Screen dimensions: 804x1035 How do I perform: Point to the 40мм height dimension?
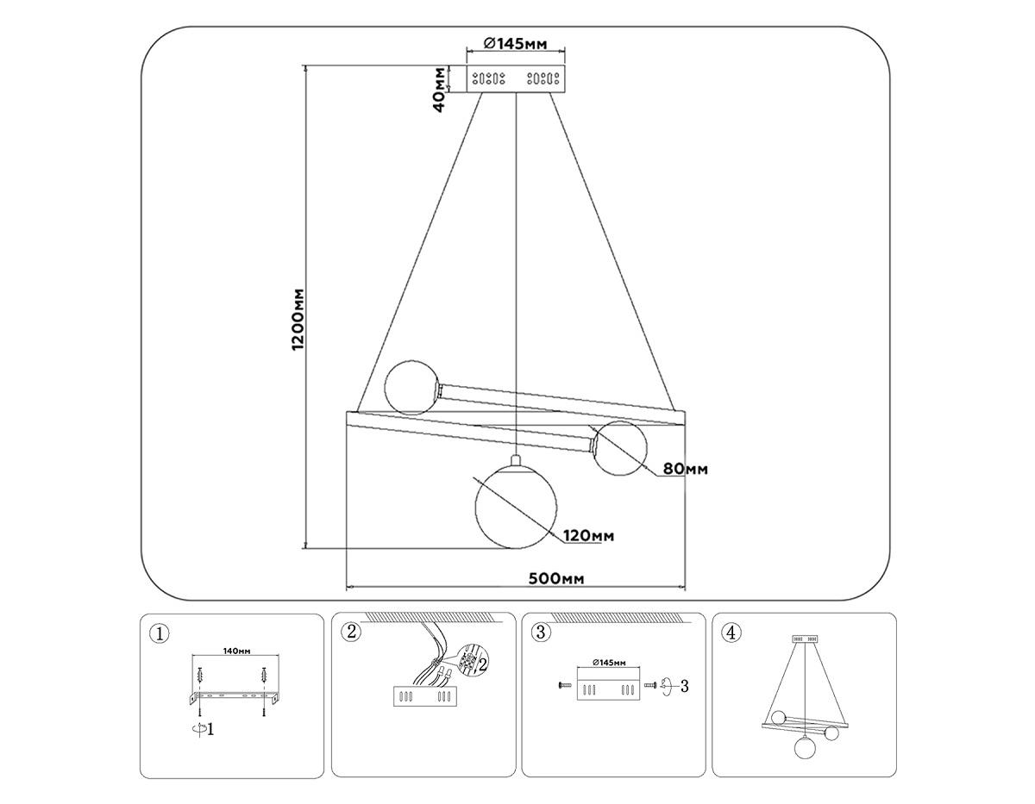pyautogui.click(x=440, y=89)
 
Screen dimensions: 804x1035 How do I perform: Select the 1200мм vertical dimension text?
pyautogui.click(x=298, y=319)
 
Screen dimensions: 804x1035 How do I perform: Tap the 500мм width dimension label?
pyautogui.click(x=555, y=577)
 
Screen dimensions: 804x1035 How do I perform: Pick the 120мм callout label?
pyautogui.click(x=589, y=536)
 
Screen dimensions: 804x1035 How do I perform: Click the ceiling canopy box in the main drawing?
pyautogui.click(x=516, y=78)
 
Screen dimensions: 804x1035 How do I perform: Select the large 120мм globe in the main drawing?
pyautogui.click(x=516, y=508)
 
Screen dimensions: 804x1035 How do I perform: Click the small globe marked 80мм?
pyautogui.click(x=620, y=448)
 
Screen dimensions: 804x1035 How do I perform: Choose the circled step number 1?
pyautogui.click(x=158, y=634)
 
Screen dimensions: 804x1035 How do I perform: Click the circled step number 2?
pyautogui.click(x=349, y=632)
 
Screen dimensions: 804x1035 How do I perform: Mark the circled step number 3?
pyautogui.click(x=541, y=633)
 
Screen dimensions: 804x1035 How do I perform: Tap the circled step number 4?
pyautogui.click(x=731, y=633)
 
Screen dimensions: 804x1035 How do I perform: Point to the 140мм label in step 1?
pyautogui.click(x=235, y=651)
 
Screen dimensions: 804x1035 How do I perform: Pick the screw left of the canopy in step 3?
pyautogui.click(x=564, y=685)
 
